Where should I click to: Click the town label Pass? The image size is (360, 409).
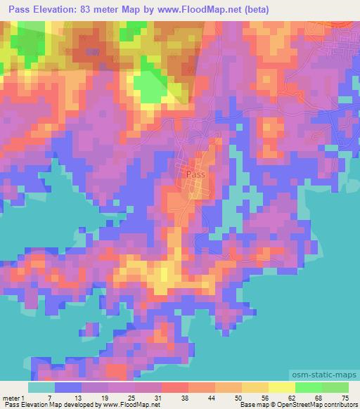point(195,173)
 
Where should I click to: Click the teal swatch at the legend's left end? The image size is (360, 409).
point(41,387)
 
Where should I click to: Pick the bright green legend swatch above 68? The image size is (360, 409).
point(309,387)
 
